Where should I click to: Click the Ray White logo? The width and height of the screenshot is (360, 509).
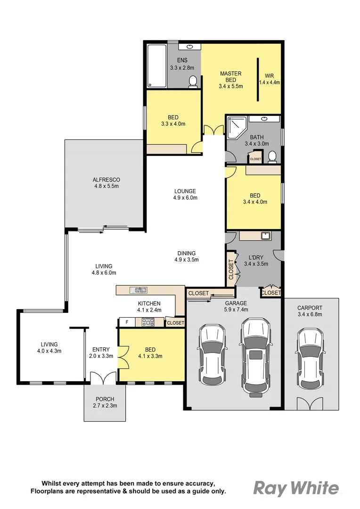pos(296,488)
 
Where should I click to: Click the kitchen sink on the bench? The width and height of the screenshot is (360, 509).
pos(140,290)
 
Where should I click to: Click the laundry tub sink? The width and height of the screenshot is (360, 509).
pos(265,236)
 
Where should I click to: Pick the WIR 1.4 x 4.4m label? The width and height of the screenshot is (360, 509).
pos(269,79)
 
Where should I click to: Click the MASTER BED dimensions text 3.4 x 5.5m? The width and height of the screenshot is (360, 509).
pos(230,86)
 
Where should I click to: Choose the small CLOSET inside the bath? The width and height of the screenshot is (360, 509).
pos(255,158)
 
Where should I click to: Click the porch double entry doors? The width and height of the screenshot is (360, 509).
pos(103,378)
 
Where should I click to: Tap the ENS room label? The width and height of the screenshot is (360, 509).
pos(182,60)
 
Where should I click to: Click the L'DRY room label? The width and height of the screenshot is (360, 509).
pos(255,257)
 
